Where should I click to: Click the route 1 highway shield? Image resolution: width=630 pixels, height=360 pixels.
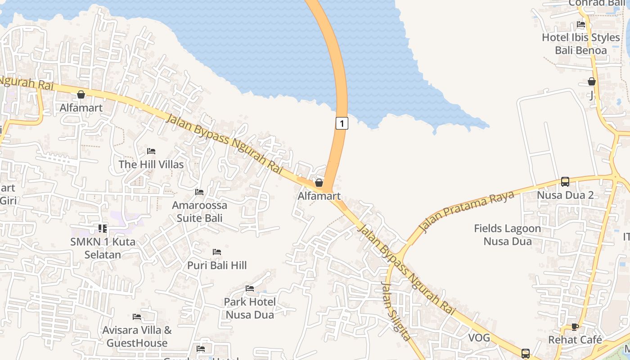pos(342,123)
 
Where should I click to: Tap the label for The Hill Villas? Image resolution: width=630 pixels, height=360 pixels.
pos(151,164)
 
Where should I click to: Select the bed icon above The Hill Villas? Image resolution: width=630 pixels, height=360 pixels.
pos(151,151)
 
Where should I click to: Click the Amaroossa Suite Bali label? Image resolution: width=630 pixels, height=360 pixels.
pos(200,212)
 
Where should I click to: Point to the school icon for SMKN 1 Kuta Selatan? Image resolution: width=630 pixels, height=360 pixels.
pos(103,229)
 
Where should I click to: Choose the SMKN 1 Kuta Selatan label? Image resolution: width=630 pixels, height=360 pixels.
pos(103,248)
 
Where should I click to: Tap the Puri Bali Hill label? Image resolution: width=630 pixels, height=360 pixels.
pos(217,265)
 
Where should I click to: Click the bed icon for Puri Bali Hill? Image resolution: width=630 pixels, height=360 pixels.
pos(217,252)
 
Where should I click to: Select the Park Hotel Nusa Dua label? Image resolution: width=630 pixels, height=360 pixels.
pos(250,308)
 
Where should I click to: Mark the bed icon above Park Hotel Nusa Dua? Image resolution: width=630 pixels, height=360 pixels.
pos(250,288)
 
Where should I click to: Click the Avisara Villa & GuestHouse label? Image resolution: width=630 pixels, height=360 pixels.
pos(137,337)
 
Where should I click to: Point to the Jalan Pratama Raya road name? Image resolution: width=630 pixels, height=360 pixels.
pos(467,211)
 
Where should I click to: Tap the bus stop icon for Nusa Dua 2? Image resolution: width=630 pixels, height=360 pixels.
pos(565,182)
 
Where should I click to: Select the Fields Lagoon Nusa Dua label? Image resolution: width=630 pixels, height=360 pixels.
pos(508,235)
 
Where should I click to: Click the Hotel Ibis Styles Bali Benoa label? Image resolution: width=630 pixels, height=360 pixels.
pos(580,44)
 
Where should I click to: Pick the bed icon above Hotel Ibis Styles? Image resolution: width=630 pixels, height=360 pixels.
pos(581,24)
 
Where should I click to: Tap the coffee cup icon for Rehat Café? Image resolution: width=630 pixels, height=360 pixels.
pos(575,327)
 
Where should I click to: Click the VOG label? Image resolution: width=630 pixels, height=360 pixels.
pos(479,337)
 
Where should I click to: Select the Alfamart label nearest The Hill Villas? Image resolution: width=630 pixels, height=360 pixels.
pos(81,108)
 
